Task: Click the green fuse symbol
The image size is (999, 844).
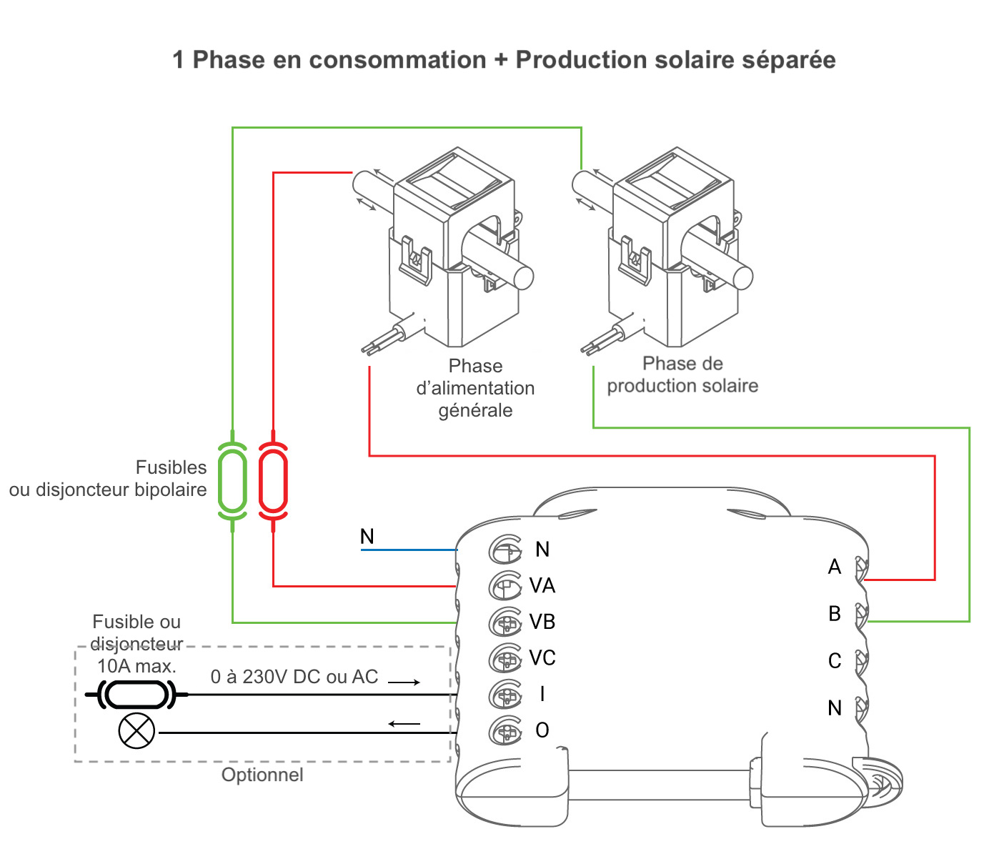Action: (232, 479)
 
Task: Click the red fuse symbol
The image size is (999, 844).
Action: (273, 479)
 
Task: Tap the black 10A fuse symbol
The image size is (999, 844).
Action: (136, 694)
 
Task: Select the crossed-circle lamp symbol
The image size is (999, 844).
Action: (136, 731)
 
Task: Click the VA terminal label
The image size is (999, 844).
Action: (542, 586)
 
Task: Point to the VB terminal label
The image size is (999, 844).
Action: (542, 622)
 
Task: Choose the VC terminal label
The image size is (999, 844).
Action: (542, 658)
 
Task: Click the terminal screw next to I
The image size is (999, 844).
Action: (506, 695)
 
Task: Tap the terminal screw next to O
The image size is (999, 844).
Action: (506, 731)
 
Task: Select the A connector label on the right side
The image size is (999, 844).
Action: (835, 567)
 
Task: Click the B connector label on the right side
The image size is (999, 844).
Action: (835, 614)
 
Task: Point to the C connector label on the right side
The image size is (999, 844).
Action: (835, 661)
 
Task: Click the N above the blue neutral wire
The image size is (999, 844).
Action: (367, 537)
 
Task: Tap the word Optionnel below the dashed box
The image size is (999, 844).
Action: (262, 775)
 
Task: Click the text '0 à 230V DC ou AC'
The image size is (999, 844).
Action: (294, 677)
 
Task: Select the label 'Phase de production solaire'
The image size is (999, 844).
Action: (682, 375)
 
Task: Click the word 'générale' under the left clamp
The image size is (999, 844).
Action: (475, 411)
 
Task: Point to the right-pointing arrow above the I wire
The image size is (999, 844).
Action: (404, 682)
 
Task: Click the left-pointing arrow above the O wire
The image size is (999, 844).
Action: (404, 724)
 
